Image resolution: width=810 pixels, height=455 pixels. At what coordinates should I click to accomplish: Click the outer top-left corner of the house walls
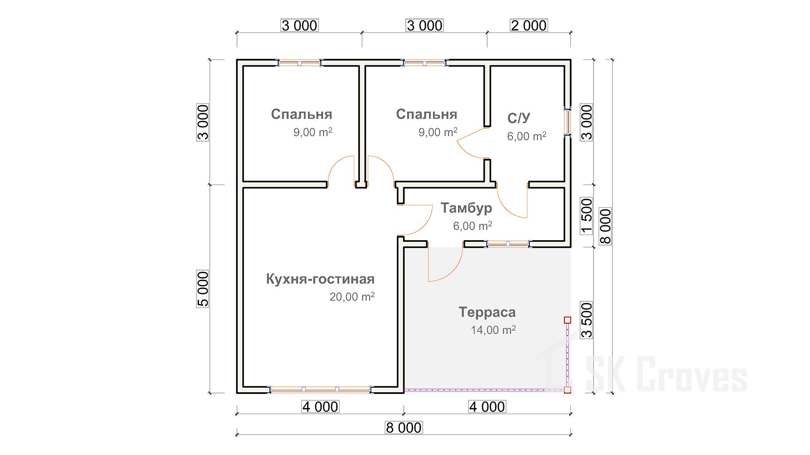237,60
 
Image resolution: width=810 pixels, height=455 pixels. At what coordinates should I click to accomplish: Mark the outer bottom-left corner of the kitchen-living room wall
237,393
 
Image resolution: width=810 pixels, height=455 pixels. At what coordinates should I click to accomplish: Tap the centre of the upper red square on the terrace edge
567,320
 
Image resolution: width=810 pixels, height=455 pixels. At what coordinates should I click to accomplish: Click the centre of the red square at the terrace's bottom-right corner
567,390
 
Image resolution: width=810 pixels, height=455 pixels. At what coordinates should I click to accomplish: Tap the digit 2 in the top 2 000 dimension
515,26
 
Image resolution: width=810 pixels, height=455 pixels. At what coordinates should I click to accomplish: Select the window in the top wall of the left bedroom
299,63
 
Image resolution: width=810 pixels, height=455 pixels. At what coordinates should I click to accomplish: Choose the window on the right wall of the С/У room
567,122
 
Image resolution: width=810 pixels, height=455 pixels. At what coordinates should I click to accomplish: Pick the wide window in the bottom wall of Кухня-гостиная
321,390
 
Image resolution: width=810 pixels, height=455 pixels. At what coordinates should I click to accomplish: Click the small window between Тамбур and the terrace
508,244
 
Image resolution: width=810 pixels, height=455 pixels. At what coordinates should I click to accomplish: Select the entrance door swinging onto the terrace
445,264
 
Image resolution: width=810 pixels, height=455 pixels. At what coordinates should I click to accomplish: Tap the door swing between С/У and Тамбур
512,201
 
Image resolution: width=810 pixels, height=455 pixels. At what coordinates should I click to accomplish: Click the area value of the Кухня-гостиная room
352,297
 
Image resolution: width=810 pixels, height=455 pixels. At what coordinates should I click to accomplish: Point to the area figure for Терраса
493,330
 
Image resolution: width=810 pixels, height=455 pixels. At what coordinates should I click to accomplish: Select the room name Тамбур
466,208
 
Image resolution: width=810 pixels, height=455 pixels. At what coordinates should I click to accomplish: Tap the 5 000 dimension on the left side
203,289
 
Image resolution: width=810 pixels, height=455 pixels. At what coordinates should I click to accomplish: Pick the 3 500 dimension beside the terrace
587,320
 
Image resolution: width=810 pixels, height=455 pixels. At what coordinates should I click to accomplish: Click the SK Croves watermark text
667,374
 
